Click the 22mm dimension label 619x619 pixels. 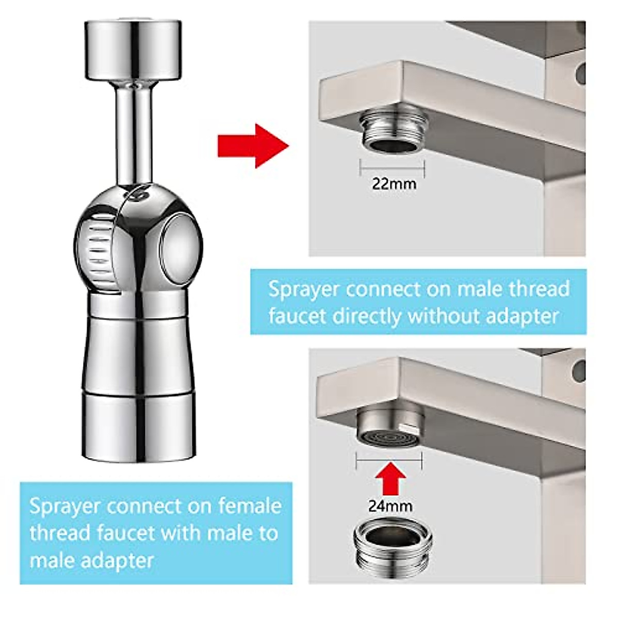[394, 184]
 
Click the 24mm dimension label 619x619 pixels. [390, 506]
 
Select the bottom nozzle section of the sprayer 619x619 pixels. [137, 428]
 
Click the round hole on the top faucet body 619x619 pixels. [580, 73]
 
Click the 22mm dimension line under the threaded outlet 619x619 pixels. [392, 166]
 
